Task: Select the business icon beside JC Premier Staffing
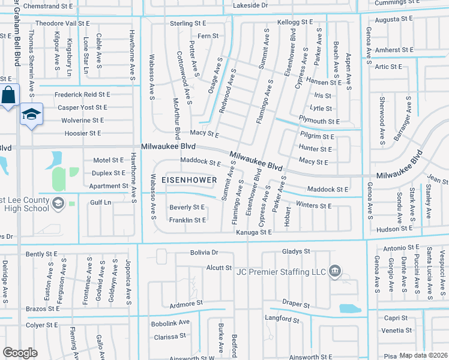(x=336, y=272)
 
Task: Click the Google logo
(x=20, y=353)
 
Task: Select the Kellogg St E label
(x=295, y=22)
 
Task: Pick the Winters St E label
(x=313, y=206)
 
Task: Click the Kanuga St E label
(x=254, y=232)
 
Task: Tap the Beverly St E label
(x=187, y=207)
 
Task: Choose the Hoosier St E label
(x=86, y=133)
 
